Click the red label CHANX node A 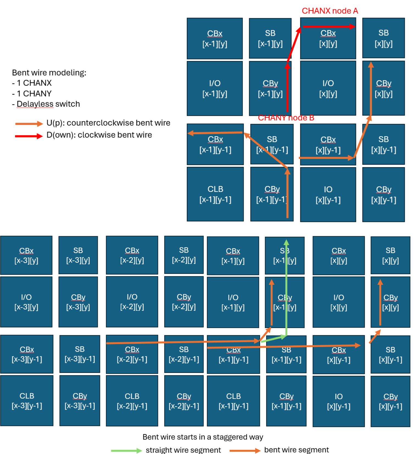click(330, 11)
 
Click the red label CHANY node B click(286, 118)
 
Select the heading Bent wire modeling click(49, 73)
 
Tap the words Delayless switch click(48, 104)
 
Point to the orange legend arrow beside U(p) click(29, 124)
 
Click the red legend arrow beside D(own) click(29, 136)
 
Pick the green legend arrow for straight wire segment click(126, 450)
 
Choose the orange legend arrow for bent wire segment click(244, 450)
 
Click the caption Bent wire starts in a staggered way click(203, 437)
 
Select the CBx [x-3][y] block click(26, 255)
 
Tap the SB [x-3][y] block click(78, 255)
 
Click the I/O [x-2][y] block click(132, 302)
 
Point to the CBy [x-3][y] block click(78, 302)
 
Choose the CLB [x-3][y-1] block click(27, 400)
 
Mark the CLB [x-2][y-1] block click(132, 401)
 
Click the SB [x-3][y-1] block click(80, 354)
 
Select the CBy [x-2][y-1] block click(184, 401)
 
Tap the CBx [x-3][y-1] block click(27, 354)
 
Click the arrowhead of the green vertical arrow click(286, 242)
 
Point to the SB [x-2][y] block click(184, 255)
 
